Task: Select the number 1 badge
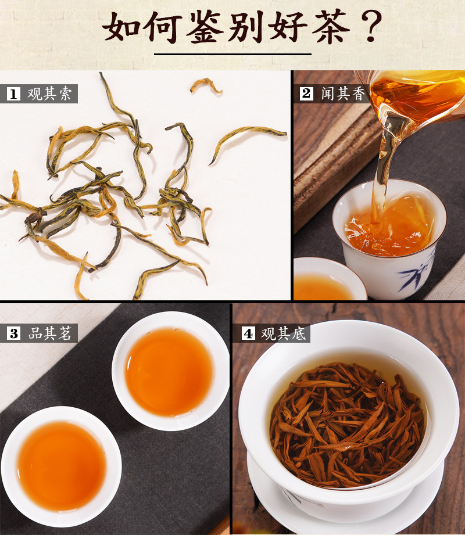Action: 13,94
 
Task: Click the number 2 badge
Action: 306,94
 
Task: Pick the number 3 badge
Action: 13,333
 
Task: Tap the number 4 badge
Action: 248,333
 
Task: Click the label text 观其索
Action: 49,94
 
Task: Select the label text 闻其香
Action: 343,94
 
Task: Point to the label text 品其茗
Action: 50,333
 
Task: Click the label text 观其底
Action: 284,333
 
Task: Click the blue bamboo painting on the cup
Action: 417,272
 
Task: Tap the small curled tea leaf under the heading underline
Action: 206,85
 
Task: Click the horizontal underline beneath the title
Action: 233,54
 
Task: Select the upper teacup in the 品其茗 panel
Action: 171,371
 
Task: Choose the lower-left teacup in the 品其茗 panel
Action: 61,466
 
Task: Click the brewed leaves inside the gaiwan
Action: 346,425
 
